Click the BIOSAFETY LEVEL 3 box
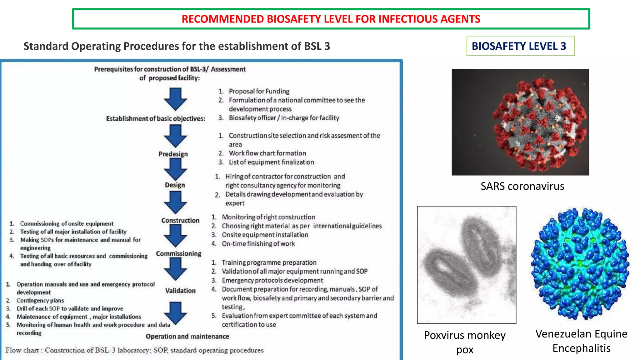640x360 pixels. [520, 46]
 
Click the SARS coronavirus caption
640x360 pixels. [522, 186]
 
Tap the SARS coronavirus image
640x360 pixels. [520, 122]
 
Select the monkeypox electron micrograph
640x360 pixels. [467, 265]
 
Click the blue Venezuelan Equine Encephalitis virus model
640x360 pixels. [581, 264]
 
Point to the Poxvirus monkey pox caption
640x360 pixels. [465, 342]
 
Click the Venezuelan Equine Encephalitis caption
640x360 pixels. [581, 341]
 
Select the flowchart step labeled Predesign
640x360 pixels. [173, 154]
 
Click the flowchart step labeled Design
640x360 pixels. [175, 185]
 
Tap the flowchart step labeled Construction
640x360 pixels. [180, 220]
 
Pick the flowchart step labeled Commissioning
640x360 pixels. [179, 253]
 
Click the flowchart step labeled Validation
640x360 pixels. [180, 291]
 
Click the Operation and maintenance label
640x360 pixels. [187, 337]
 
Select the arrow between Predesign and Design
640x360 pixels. [175, 169]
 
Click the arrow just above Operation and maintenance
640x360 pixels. [175, 313]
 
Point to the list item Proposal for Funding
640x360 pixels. [259, 91]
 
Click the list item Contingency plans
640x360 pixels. [40, 300]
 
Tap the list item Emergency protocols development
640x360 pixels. [272, 280]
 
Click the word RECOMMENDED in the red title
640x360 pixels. [223, 19]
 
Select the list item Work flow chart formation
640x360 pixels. [267, 153]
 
